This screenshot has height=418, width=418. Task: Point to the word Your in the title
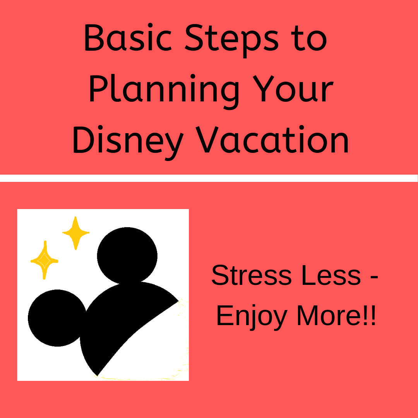293,89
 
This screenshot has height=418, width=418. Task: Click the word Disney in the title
128,143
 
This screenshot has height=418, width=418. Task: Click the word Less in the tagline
331,275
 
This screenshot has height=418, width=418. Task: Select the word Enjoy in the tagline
252,317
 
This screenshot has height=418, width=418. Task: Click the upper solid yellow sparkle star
76,233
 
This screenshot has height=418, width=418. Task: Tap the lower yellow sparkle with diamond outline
45,260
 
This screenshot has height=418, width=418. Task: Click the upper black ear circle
127,255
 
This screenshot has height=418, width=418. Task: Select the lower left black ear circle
58,318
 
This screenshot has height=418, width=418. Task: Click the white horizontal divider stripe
209,178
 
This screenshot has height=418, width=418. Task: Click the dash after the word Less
374,277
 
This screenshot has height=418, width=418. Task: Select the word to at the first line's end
309,38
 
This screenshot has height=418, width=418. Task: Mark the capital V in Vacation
207,139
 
